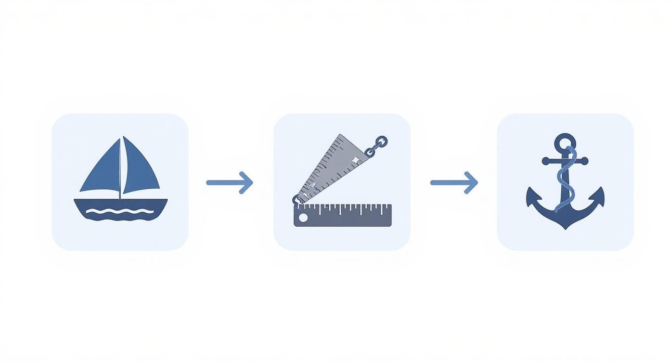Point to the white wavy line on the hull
click(120, 211)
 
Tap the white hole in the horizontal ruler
click(303, 218)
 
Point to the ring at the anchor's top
click(565, 142)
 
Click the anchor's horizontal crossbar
click(549, 161)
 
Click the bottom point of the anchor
click(565, 227)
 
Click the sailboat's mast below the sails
click(120, 195)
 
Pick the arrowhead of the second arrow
click(472, 182)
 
